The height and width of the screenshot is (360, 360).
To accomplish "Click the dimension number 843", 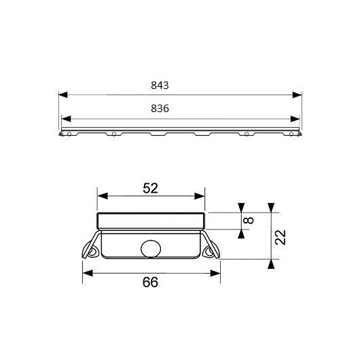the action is click(160, 86).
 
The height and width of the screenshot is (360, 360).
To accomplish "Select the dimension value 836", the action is click(160, 109).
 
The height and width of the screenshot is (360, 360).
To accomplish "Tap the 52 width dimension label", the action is click(150, 188).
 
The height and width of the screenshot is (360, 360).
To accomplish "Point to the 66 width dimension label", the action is click(150, 282).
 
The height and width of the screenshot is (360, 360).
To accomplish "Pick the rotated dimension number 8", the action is click(249, 220).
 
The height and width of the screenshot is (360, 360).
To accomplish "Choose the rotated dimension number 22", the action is click(281, 238).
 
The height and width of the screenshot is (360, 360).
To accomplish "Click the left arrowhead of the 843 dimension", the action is click(63, 95).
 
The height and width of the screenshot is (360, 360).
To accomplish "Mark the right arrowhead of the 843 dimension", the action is click(297, 95).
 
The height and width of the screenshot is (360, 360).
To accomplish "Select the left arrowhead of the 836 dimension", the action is click(66, 119).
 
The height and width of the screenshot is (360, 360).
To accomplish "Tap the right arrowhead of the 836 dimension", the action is click(295, 119).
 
